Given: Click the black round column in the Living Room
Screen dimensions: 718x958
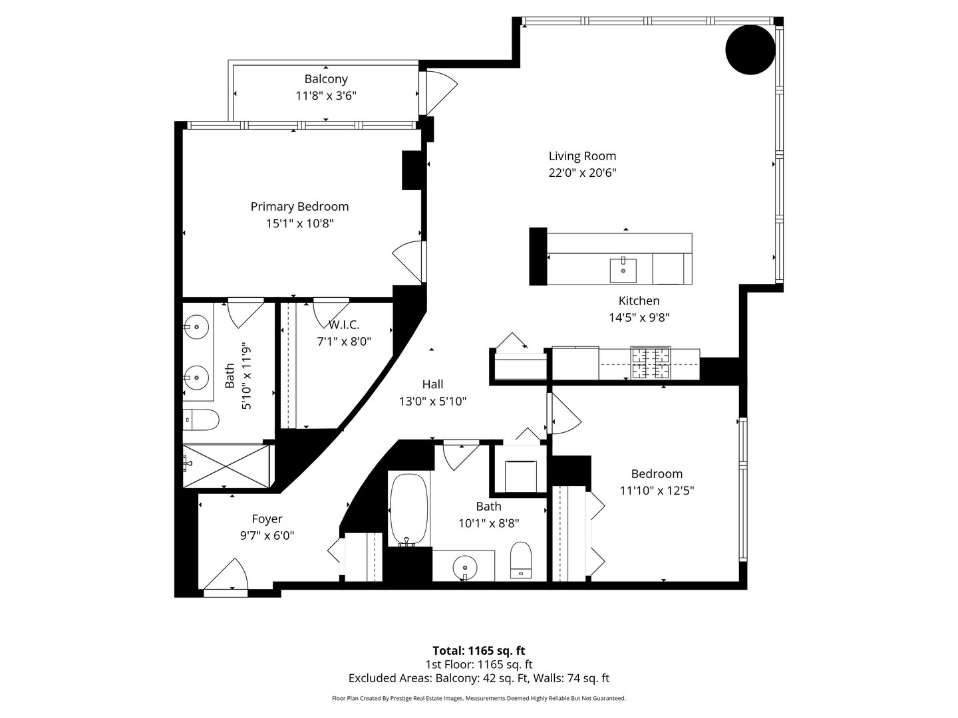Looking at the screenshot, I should [x=750, y=50].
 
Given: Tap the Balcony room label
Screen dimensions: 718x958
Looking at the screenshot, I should [x=326, y=79].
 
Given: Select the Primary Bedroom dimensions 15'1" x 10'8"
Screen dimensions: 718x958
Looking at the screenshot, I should [x=299, y=224].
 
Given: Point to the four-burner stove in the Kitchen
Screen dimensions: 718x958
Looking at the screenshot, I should [x=651, y=364].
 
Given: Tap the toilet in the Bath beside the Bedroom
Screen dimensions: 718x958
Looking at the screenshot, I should [x=521, y=560].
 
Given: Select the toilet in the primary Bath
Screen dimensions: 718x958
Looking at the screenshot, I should [x=201, y=419].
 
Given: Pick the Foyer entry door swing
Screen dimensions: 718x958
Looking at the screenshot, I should [x=230, y=576].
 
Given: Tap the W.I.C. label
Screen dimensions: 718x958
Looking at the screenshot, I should [x=344, y=325].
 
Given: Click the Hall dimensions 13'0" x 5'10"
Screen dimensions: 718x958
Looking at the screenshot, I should [x=432, y=402].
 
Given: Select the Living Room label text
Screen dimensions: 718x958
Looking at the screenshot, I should [x=582, y=156].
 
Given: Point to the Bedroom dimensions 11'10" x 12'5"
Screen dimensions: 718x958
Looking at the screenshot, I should [x=657, y=491].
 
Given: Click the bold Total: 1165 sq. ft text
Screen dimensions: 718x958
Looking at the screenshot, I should [x=478, y=650].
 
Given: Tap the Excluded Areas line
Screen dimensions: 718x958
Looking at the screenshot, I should [x=478, y=679].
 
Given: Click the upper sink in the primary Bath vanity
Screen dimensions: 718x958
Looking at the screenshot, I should [x=197, y=326].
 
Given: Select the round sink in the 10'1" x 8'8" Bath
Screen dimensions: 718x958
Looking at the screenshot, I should [x=465, y=567].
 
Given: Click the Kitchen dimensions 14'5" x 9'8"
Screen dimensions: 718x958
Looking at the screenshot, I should [x=639, y=318].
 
